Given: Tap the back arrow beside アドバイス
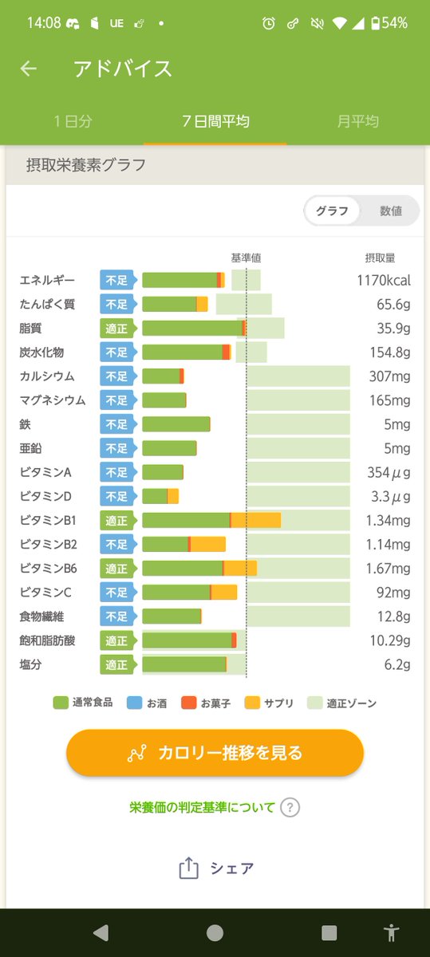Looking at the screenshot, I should pos(29,69).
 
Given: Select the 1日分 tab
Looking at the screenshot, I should pos(73,121).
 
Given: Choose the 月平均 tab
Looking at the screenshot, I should pos(357,121).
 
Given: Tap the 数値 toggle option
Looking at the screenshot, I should pos(390,211).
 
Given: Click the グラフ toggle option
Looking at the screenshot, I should pos(332,211).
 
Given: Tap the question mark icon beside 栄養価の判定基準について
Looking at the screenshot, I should pos(290,807).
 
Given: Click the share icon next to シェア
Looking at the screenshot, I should pos(188,868).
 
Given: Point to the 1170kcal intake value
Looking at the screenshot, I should pos(383,281).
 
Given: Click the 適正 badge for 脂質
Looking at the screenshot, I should pos(116,329).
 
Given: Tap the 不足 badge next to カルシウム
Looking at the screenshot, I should pos(116,376).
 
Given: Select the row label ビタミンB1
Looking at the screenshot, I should pos(48,521).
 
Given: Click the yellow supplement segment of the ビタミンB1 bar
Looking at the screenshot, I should pos(256,521).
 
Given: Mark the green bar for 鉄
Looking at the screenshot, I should pos(176,424).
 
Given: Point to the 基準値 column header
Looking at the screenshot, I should pos(246,258).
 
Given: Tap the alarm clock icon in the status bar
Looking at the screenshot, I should pos(268,23).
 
